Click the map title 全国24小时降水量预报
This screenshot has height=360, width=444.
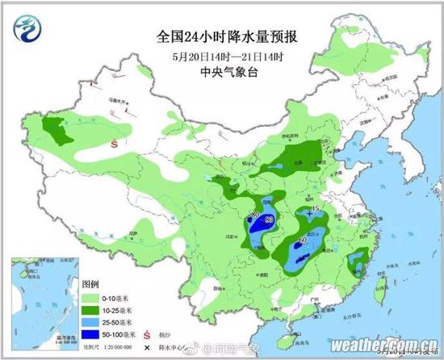click(x=216, y=37)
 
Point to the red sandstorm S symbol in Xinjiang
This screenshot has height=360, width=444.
click(x=115, y=143)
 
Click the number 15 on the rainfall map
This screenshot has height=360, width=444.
click(x=316, y=209)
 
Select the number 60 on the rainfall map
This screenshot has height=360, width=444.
click(x=303, y=240)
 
